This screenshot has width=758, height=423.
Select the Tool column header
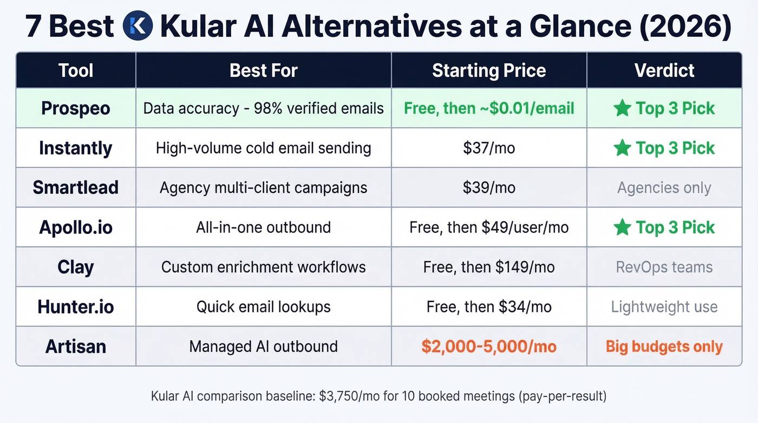pos(76,70)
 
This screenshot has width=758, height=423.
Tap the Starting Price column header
pos(489,70)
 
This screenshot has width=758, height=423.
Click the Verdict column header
pos(664,70)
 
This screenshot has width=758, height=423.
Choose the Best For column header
pos(264,70)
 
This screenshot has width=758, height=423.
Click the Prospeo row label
pos(76,108)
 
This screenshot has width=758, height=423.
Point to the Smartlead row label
pos(76,187)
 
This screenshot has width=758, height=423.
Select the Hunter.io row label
pos(76,307)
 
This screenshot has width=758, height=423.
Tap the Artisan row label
pos(76,347)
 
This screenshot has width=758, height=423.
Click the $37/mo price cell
pos(489,148)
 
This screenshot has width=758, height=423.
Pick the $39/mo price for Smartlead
pos(489,187)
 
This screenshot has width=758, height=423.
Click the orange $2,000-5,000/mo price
pos(489,347)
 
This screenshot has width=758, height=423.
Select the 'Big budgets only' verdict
pos(664,347)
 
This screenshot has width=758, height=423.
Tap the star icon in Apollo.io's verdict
pos(622,227)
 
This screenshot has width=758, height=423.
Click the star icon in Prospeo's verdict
pos(622,108)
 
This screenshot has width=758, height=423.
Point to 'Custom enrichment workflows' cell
pos(264,267)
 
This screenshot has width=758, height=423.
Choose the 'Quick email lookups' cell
pos(264,307)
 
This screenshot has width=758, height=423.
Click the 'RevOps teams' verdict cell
pos(664,267)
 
